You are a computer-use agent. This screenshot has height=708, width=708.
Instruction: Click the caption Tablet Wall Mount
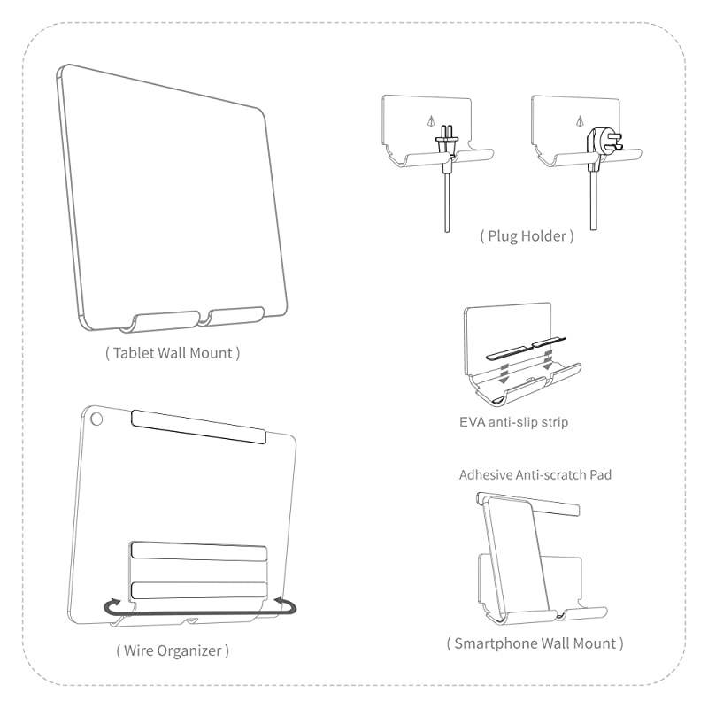click(173, 353)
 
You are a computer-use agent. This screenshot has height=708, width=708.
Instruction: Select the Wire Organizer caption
click(173, 650)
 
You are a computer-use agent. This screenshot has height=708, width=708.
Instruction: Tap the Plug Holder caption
click(527, 236)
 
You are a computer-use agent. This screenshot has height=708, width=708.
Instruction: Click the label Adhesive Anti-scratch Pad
click(535, 475)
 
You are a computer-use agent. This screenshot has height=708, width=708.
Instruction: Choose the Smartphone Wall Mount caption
click(535, 643)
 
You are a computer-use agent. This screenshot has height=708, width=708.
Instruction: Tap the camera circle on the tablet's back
click(96, 417)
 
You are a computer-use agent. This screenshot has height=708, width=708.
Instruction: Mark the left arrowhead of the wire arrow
click(110, 606)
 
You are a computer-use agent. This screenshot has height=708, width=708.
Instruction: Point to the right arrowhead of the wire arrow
click(286, 604)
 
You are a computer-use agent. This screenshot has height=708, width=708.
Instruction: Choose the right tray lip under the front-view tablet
click(236, 315)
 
